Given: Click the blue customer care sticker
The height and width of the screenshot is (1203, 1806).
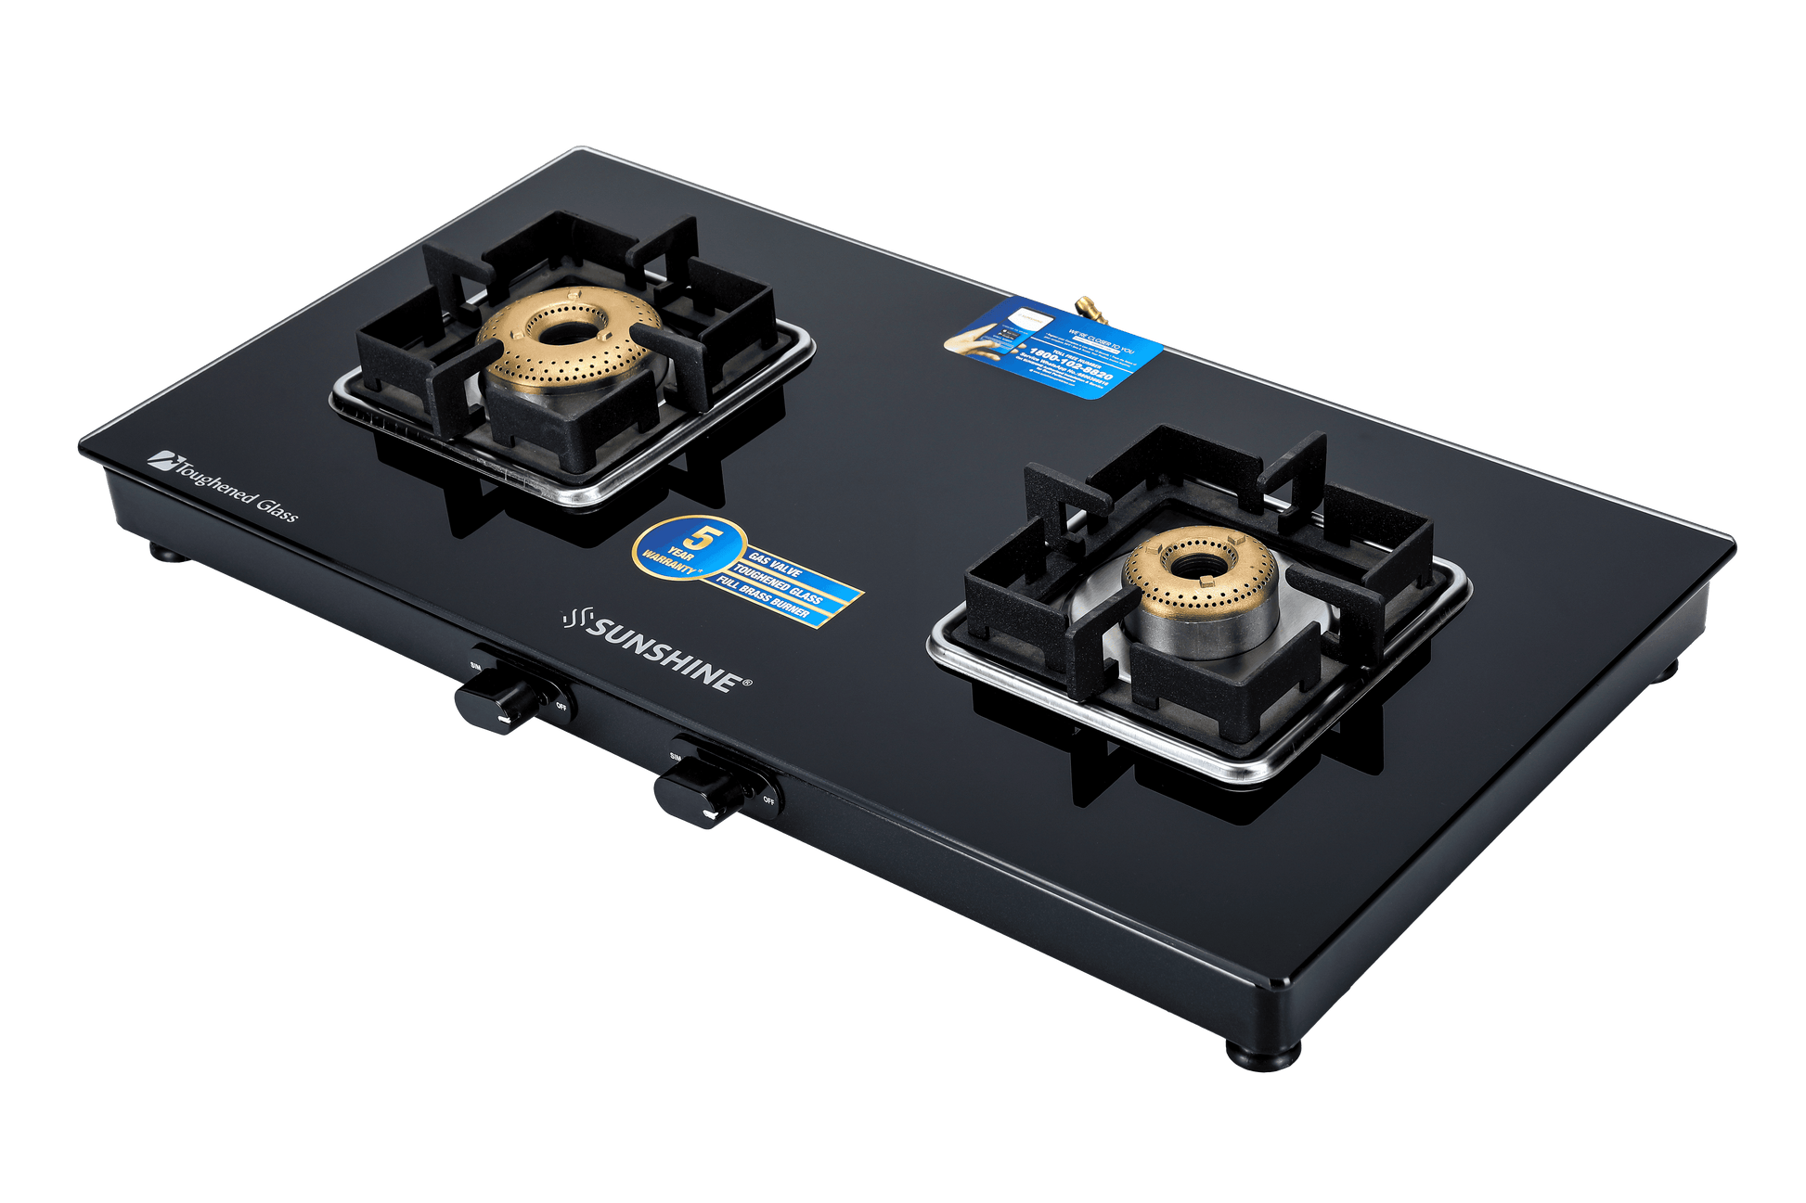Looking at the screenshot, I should pos(1053,346).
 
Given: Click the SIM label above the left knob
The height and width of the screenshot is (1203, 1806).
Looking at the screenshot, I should pos(475,666).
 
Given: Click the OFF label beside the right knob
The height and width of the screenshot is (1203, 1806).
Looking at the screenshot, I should pos(768,799).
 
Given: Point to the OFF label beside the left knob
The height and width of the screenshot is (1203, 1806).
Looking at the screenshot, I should pos(561,707).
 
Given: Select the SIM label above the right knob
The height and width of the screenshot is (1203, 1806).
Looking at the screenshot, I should pos(675,757).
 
